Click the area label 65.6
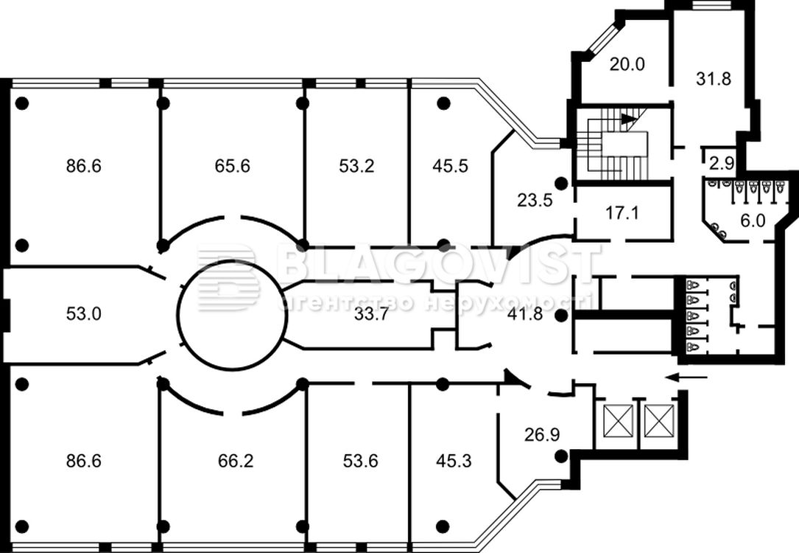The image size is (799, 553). point(233,166)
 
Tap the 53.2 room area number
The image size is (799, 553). point(356,166)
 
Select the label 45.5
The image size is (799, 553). point(450,166)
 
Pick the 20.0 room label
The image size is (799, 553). point(627,64)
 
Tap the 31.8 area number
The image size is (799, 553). point(713,78)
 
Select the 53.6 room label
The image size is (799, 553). point(360,462)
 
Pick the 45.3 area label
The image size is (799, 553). point(454,462)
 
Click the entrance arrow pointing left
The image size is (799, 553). point(686,378)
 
